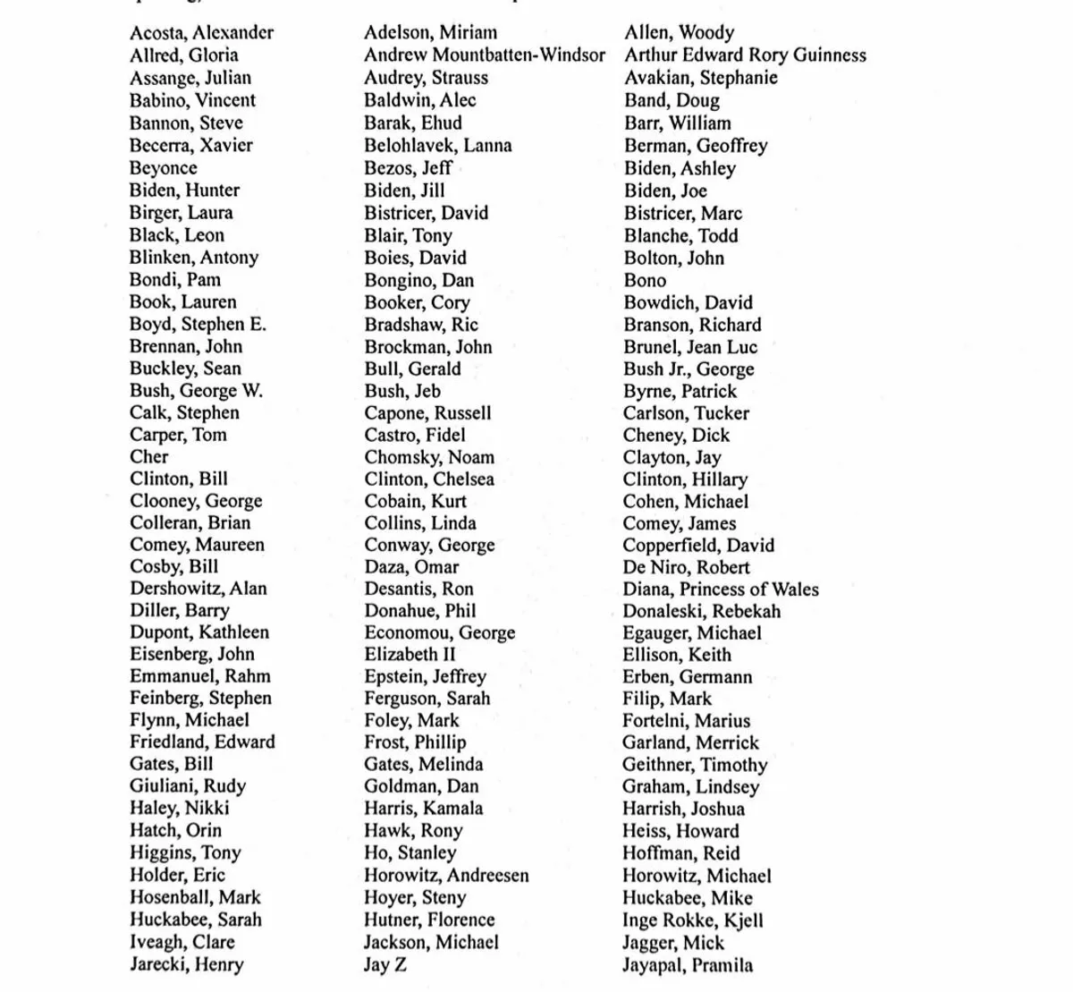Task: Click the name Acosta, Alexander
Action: tap(201, 33)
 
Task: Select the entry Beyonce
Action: tap(163, 168)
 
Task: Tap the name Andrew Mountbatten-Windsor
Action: tap(484, 55)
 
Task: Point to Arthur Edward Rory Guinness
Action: tap(745, 55)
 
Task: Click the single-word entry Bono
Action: tap(645, 281)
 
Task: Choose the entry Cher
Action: tap(148, 457)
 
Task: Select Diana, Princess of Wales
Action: tap(721, 589)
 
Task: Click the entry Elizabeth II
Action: tap(410, 655)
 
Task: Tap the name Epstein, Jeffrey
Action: tap(425, 677)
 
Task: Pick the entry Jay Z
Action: tap(384, 965)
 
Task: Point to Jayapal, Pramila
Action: tap(688, 965)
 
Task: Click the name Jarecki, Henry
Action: tap(186, 965)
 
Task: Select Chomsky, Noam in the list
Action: tap(429, 457)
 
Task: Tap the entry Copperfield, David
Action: tap(698, 546)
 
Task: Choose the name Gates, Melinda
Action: tap(423, 765)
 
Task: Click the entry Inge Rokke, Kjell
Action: tap(693, 920)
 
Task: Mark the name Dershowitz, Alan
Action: tap(198, 589)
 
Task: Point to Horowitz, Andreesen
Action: tap(446, 876)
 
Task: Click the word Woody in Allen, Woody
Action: tap(706, 33)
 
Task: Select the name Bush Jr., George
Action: tap(689, 369)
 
